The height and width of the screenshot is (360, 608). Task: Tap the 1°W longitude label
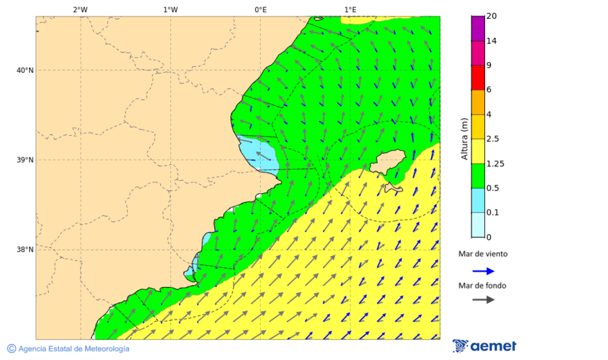pos(170,9)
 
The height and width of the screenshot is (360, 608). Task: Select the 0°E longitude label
pos(260,9)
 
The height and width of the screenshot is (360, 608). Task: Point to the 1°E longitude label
pos(350,9)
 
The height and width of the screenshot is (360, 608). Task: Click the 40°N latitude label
pos(25,70)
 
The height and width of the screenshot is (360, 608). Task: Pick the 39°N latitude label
pos(25,160)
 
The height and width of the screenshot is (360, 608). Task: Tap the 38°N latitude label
pos(25,250)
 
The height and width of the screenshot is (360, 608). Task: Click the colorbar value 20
pos(492,17)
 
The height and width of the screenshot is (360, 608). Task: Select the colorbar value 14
pos(492,41)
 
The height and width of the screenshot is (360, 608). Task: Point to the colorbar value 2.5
pos(493,139)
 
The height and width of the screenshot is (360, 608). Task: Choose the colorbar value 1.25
pos(495,163)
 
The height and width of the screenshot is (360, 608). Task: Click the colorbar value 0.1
pos(493,213)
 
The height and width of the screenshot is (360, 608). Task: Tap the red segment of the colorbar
pos(478,78)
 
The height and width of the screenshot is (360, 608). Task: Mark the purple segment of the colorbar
pos(478,28)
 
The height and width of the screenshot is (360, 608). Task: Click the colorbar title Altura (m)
pos(464,138)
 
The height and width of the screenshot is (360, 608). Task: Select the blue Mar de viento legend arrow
pos(483,271)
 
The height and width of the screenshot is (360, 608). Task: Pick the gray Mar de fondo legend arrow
pos(483,300)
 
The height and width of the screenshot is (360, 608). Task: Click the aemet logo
pos(484,346)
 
